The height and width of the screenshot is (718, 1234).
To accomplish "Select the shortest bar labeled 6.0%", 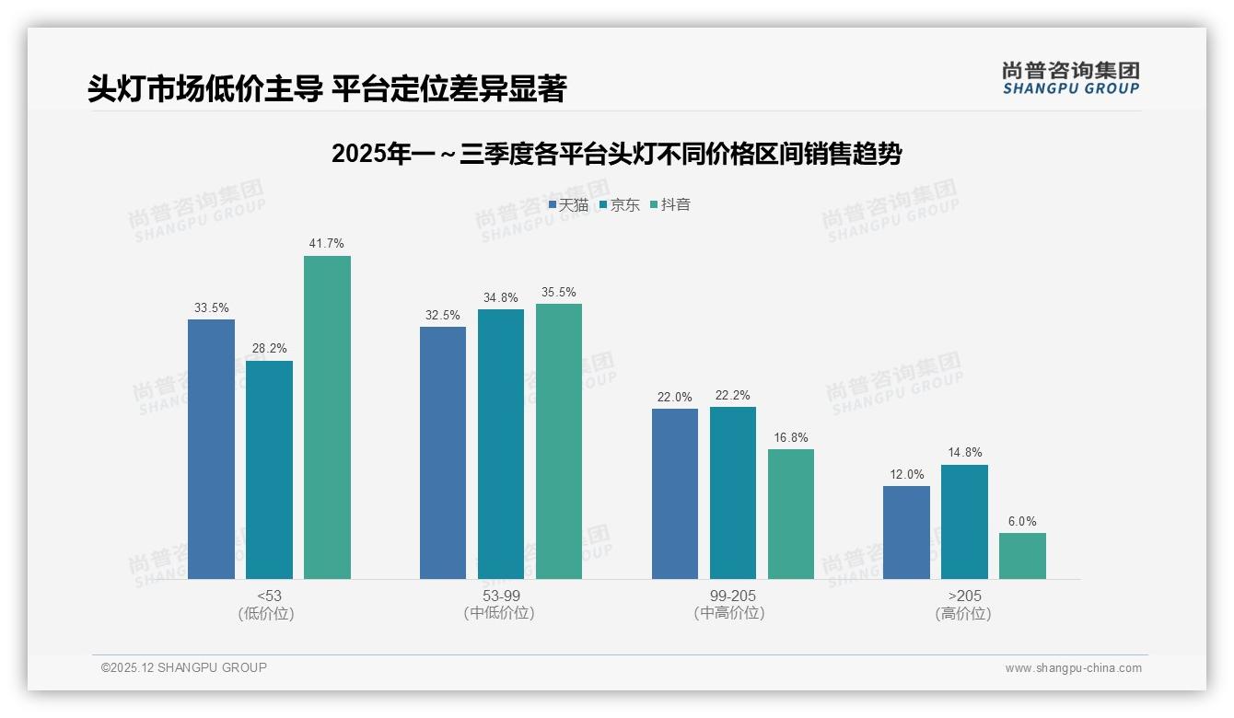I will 1022,556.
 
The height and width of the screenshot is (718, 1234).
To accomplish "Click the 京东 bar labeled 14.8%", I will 964,522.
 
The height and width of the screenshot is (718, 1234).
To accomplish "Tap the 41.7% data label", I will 327,244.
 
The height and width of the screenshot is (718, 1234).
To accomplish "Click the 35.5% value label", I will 558,293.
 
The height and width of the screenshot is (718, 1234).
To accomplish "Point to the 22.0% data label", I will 674,397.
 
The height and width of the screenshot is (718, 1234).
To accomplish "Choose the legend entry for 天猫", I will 568,205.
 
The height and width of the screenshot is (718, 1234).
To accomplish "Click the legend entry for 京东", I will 620,205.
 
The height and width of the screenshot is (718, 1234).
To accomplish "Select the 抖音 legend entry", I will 670,205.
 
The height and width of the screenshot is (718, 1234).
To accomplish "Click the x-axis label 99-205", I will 732,596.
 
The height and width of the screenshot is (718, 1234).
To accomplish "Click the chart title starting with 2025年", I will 616,154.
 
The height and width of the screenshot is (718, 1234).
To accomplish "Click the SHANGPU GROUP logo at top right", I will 1070,78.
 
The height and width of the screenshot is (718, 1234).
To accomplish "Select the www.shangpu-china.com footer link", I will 1073,668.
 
